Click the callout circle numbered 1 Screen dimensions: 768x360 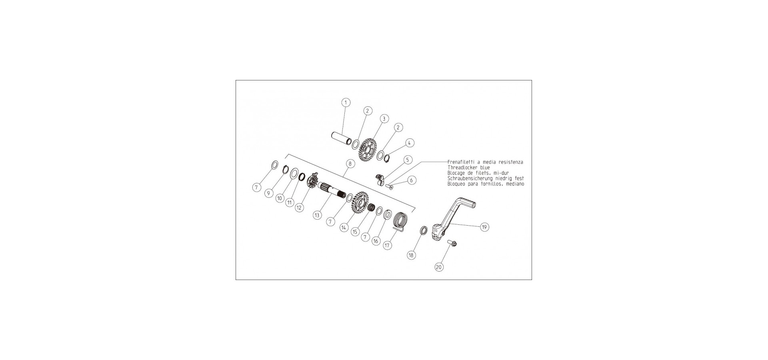[346, 102]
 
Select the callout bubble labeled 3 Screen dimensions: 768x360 [384, 119]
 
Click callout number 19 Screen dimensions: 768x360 [484, 227]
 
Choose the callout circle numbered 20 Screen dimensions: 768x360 [439, 267]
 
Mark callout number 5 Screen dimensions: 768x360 [408, 160]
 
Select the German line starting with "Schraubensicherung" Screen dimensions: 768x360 [486, 178]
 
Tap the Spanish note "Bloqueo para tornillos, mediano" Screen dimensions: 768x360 [486, 184]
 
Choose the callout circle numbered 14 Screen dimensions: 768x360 [344, 227]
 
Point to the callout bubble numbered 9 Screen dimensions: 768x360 [269, 193]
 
